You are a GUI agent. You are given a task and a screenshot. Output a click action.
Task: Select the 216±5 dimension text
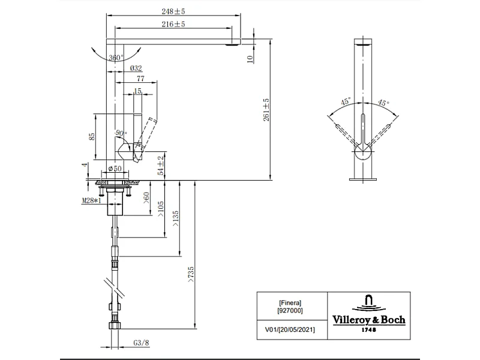[173, 24]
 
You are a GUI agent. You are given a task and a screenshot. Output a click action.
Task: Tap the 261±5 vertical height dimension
[266, 110]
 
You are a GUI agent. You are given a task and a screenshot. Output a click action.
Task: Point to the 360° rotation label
[116, 58]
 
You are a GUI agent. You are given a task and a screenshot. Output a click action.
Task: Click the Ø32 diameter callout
[136, 68]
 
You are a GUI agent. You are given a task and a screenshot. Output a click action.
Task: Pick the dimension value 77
[140, 79]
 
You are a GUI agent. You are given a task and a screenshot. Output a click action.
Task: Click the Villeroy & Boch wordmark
[369, 320]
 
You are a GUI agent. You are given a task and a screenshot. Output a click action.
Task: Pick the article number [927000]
[290, 311]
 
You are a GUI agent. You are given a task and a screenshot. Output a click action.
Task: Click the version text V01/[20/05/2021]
[290, 329]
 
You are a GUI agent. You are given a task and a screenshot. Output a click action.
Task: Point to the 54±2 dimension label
[160, 165]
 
